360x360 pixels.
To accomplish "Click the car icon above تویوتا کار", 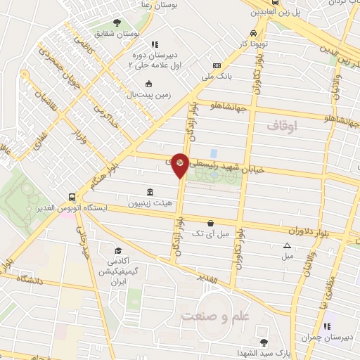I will tap(253, 33).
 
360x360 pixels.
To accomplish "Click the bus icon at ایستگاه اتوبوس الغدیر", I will tap(72, 198).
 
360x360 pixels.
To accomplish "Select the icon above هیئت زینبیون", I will tap(149, 192).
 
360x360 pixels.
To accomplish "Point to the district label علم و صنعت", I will tap(215, 316).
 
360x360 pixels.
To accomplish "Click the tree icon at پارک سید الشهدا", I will tap(263, 342).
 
